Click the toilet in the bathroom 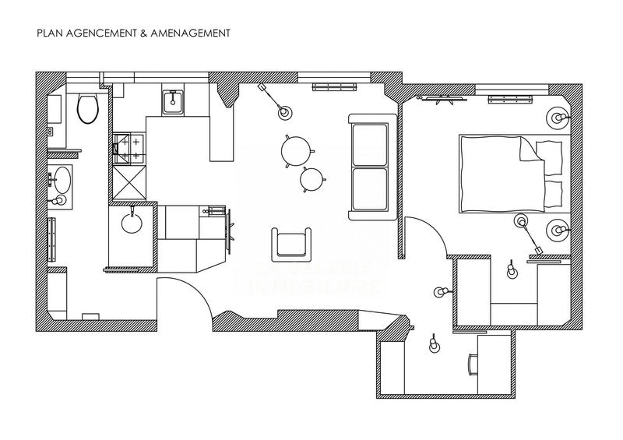pos(87,109)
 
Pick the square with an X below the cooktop pos(128,181)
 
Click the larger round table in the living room pos(296,150)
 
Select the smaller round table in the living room pos(312,180)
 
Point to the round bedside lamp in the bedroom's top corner pos(558,118)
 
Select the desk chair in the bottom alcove pos(473,363)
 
